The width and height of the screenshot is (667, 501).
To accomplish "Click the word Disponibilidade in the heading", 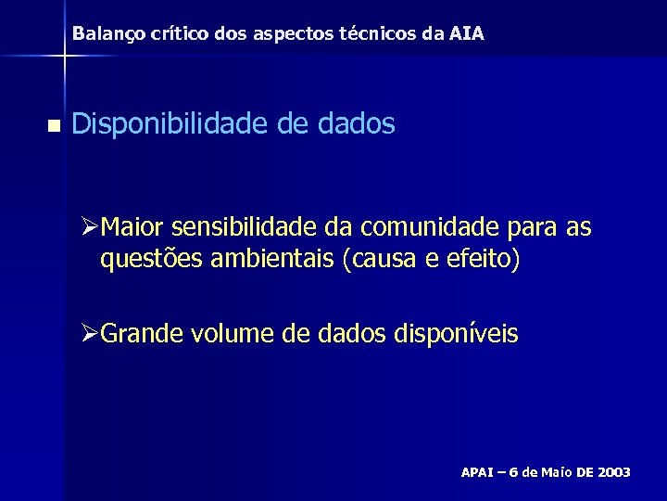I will point(170,124).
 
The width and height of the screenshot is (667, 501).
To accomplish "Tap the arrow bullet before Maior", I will point(89,227).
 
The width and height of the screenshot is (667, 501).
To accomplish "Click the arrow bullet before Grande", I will point(89,333).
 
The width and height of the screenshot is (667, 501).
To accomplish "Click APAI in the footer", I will point(477,473).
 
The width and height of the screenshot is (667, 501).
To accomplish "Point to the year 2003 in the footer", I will point(614,473).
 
